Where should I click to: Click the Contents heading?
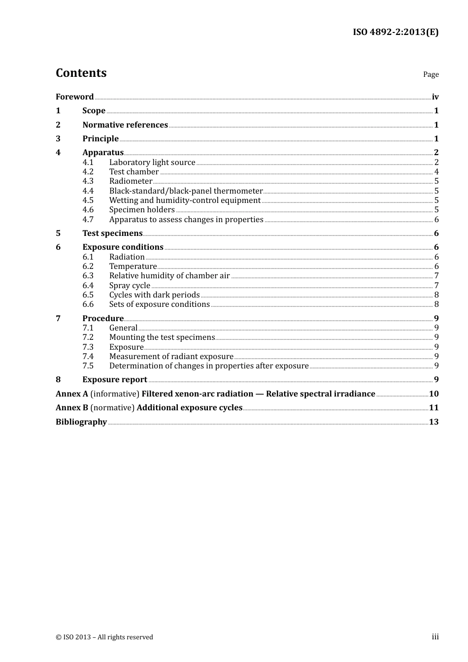click(81, 73)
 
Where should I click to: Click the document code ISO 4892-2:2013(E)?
click(395, 32)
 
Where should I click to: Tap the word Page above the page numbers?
click(431, 74)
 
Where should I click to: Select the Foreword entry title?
click(74, 97)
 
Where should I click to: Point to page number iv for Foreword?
click(435, 97)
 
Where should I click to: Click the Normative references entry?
click(125, 125)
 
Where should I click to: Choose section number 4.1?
click(88, 162)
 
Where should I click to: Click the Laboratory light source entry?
click(152, 162)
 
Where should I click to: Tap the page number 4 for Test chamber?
click(436, 171)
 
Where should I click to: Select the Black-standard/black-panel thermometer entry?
click(186, 191)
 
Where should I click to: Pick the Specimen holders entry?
click(142, 209)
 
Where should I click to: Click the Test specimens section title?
click(112, 233)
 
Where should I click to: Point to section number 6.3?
click(88, 275)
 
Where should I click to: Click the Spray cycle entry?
click(130, 285)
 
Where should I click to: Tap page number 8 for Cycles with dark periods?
click(436, 295)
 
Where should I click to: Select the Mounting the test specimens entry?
click(162, 337)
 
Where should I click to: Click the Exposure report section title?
click(115, 379)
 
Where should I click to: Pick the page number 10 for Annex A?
click(434, 394)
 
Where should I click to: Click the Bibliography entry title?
click(81, 422)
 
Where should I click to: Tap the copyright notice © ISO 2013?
click(104, 637)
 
